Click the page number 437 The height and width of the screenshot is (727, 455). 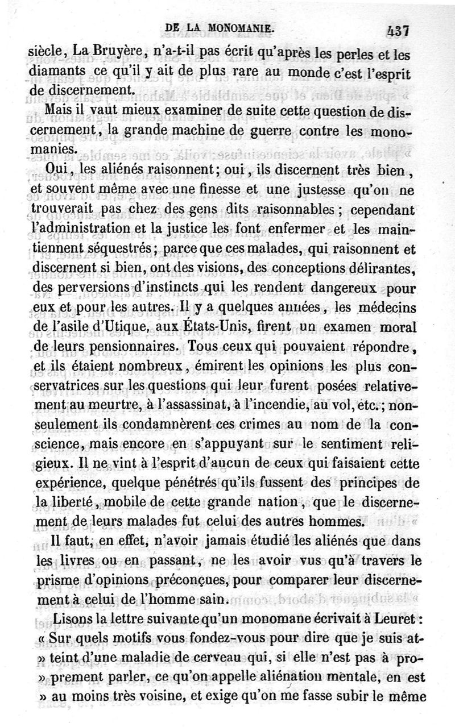click(398, 30)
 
